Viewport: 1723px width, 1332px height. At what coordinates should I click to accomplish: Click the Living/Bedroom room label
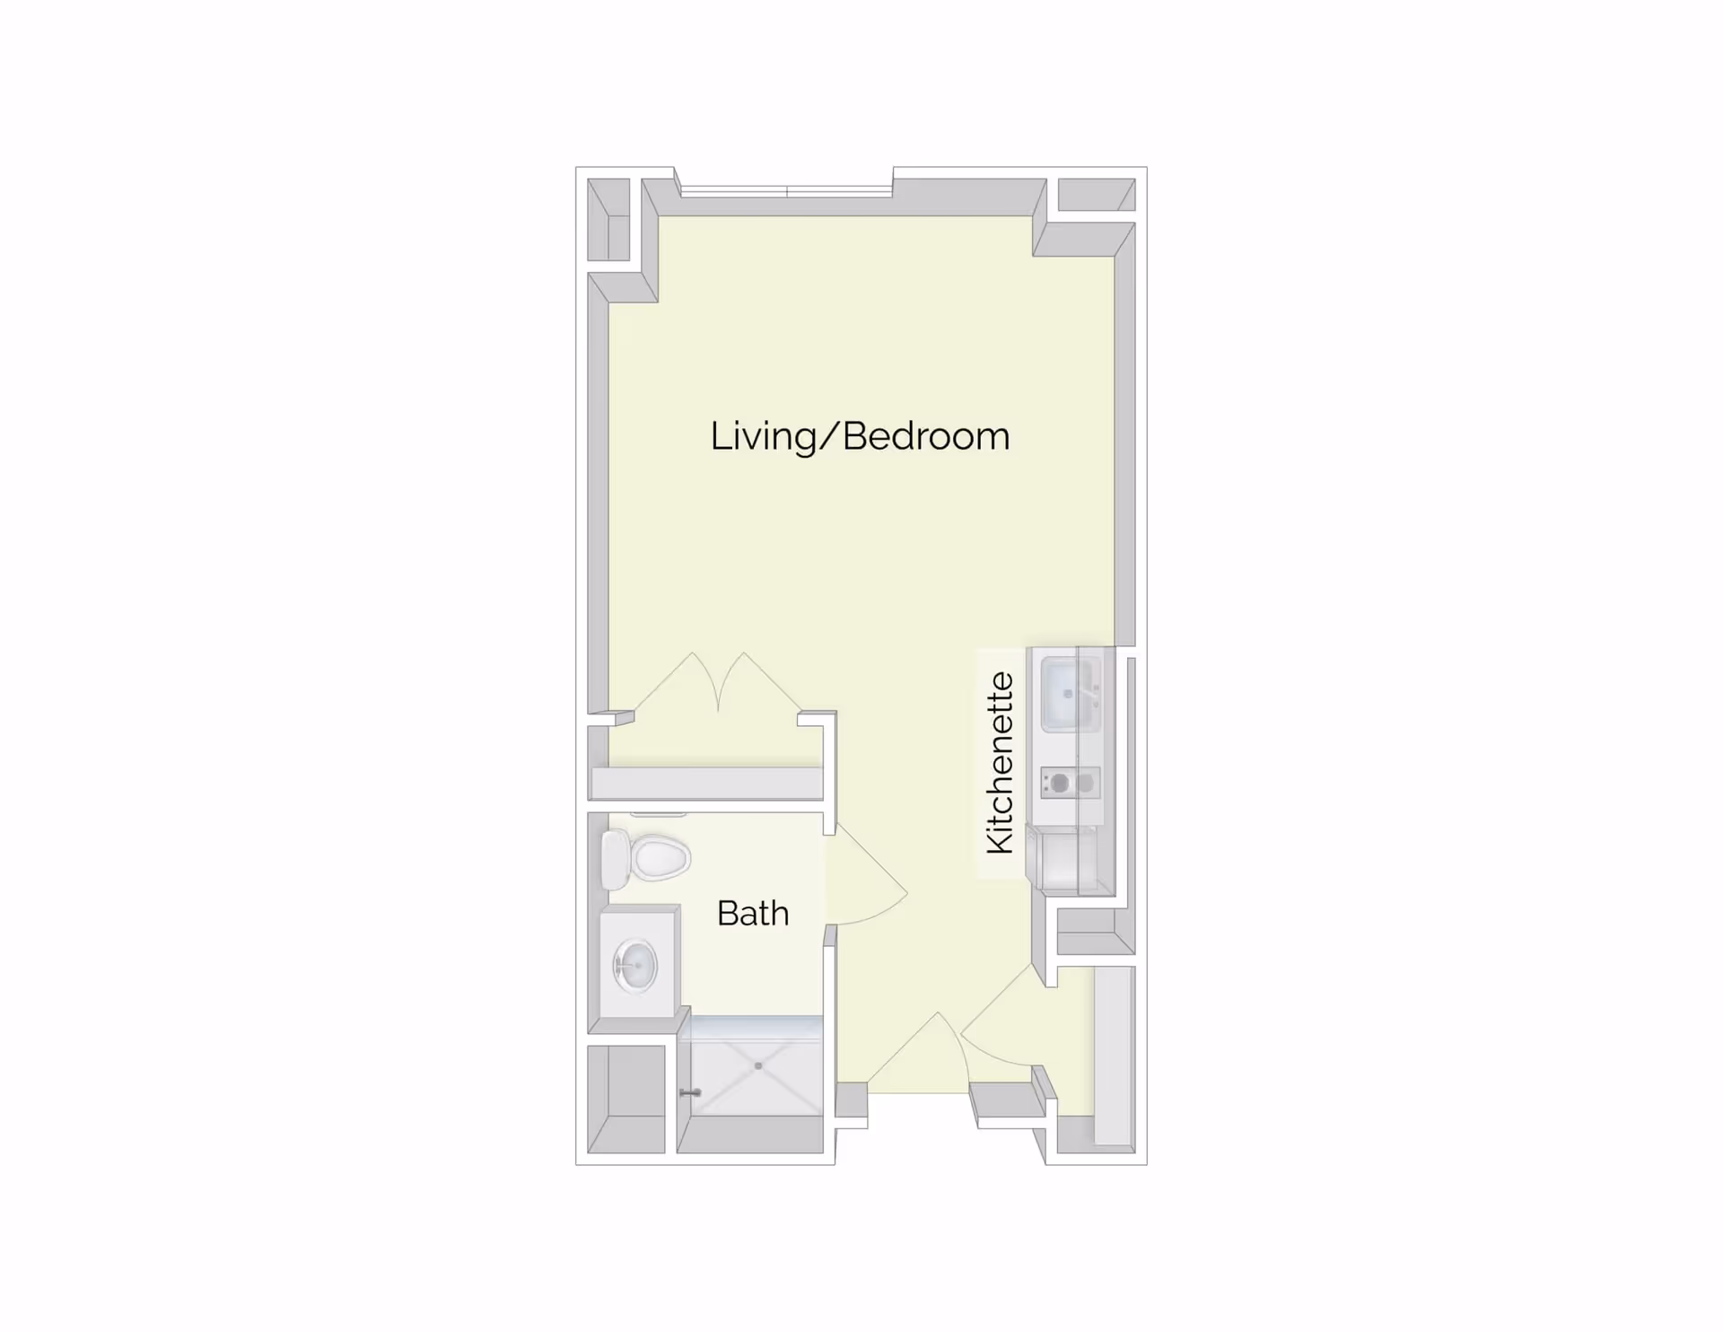pos(860,436)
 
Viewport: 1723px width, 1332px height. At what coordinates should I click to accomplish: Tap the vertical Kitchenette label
pos(1000,763)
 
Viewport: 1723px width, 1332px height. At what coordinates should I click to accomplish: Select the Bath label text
pos(753,914)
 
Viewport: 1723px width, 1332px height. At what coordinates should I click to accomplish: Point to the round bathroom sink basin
pos(635,966)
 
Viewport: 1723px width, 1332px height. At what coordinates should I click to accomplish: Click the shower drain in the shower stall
pos(758,1065)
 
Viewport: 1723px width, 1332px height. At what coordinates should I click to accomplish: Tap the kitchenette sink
pos(1067,694)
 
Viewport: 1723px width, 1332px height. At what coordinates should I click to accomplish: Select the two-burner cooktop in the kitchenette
pos(1071,784)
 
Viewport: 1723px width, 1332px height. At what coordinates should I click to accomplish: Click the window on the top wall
pos(786,190)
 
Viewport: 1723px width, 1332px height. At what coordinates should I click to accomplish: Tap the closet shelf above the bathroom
pos(706,783)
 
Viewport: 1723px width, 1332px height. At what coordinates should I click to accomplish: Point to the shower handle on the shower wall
pos(689,1092)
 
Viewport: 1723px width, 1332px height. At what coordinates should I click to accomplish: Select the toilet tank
pos(615,859)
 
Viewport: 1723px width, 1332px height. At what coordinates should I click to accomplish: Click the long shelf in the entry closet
pos(1115,1056)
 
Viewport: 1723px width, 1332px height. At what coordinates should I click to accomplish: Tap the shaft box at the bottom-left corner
pos(625,1100)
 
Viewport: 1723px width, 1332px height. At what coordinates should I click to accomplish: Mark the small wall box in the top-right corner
pos(1096,195)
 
